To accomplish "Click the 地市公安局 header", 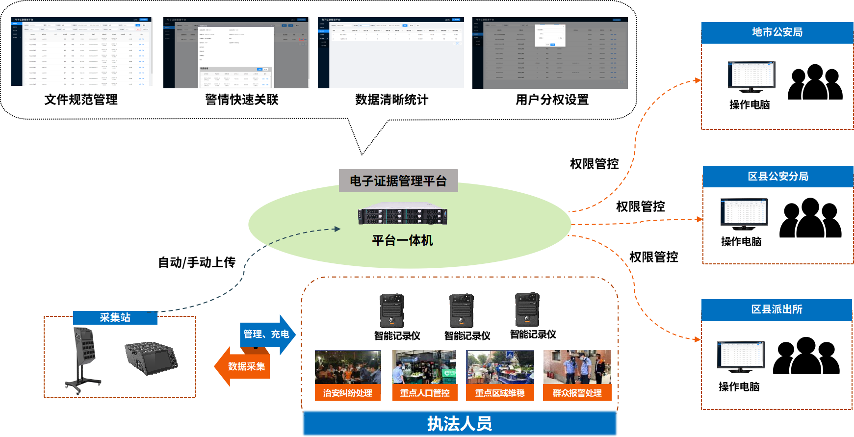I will click(777, 32).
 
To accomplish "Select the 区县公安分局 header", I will click(778, 177).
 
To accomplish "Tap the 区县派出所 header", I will click(776, 309).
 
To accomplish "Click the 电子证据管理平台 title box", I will click(398, 181).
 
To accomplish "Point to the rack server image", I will click(402, 214).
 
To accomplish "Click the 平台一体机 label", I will click(402, 240).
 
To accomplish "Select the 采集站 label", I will click(115, 318).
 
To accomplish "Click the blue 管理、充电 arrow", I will click(267, 334).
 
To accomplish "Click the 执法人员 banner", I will click(460, 423).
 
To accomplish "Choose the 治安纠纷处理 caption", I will click(348, 393).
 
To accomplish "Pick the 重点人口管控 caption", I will click(425, 393).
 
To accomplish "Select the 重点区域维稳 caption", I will click(500, 393).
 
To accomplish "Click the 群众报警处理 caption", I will click(577, 393).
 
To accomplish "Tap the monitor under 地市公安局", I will click(751, 76).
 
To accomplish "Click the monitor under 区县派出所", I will click(740, 356).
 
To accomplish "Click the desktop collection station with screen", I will click(151, 358).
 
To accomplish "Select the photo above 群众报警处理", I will click(577, 367).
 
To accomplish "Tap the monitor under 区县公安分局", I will click(744, 213).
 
